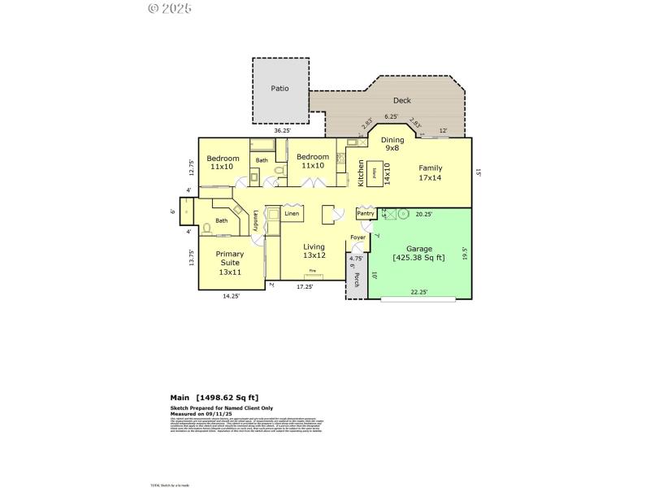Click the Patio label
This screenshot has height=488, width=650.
coord(279,89)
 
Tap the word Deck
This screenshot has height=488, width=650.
coord(401,101)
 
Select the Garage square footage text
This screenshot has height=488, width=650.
coord(418,258)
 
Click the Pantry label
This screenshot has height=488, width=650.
coord(365,213)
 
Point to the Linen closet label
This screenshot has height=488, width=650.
coord(292,214)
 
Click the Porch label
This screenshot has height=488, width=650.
coord(356,280)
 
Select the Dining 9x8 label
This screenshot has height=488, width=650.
coord(392,144)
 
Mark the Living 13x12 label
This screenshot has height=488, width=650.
coord(314,251)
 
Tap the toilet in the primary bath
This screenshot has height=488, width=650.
coord(207,228)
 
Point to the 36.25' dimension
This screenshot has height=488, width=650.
coord(282,130)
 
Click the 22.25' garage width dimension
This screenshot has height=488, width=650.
coord(418,291)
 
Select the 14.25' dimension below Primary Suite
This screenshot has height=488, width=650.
coord(232,296)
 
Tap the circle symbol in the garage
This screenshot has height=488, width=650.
coord(402,215)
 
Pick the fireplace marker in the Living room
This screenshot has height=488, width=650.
coord(311,279)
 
